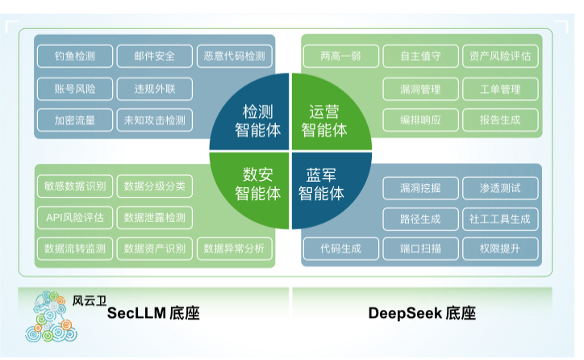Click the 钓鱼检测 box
tap(75, 57)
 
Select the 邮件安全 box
tap(155, 57)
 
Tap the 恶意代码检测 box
tap(234, 57)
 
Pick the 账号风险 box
tap(75, 89)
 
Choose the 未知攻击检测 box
tap(155, 121)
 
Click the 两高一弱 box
tap(340, 57)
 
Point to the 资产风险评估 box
tap(500, 57)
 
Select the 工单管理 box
tap(500, 89)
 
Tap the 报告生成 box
tap(500, 120)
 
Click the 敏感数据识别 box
tap(75, 186)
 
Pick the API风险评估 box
tap(75, 217)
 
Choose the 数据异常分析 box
tap(234, 249)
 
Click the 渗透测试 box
tap(500, 188)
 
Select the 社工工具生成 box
tap(500, 219)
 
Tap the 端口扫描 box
tap(420, 249)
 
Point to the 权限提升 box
tap(500, 249)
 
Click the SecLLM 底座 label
tap(153, 314)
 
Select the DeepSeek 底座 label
tap(422, 314)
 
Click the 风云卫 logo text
tap(89, 300)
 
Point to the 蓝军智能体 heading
tap(321, 185)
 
